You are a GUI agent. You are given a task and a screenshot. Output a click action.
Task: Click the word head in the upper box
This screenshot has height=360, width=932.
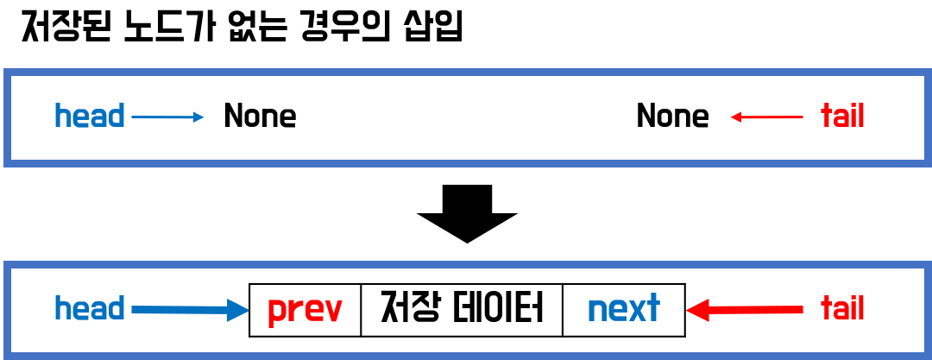point(89,116)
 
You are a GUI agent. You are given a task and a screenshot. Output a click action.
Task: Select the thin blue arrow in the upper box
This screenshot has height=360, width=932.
point(167,117)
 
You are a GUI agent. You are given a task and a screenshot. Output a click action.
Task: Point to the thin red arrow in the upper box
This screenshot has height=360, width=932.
point(767,117)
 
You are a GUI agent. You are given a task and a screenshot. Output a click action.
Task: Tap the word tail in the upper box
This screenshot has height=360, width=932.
point(842,116)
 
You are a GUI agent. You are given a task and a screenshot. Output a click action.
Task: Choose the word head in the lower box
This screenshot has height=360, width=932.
point(89,308)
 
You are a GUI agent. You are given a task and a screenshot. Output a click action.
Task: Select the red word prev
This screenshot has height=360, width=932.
point(305,309)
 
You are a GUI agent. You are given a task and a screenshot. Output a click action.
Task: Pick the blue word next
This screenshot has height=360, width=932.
point(623,308)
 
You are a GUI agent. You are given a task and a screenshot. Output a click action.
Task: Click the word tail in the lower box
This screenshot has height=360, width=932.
point(842,308)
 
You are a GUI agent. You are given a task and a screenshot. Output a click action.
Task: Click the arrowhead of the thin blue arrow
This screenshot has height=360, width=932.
point(198,117)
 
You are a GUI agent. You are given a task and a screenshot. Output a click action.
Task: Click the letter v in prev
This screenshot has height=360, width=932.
point(331,311)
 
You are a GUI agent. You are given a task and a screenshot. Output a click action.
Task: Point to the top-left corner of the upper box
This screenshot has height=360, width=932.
point(7,72)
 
